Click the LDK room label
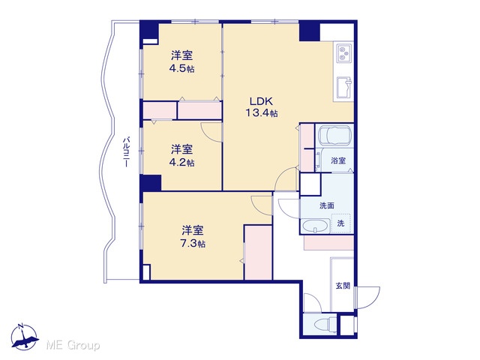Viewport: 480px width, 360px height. coord(261,101)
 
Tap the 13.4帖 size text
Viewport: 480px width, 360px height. coord(262,113)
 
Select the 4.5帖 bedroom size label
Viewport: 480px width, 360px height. coord(181,68)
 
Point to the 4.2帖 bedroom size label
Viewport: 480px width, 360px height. coord(181,162)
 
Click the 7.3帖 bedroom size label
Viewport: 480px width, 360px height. coord(193,244)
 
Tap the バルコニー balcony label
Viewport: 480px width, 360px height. coord(125,152)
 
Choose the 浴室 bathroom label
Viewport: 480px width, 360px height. coord(338,160)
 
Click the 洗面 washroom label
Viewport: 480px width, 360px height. coord(327,205)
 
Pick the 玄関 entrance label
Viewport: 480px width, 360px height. coord(343,286)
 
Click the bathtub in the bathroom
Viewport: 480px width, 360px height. coord(335,135)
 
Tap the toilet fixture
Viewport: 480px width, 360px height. coord(326,324)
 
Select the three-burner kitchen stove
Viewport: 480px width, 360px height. coord(345,53)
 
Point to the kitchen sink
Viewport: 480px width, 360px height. coord(345,86)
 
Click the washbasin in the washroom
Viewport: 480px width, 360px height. coord(315,226)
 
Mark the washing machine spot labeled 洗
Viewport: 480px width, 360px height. coord(340,223)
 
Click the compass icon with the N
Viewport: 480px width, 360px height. coord(25,337)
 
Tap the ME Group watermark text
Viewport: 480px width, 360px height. coord(73,346)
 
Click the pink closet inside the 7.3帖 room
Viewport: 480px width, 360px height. coord(258,253)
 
